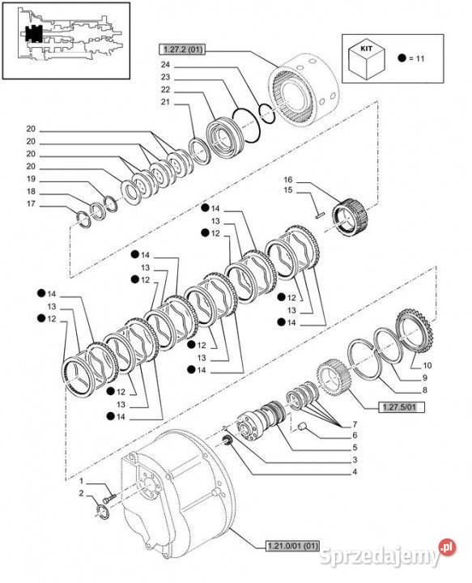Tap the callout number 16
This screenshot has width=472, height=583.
[x=287, y=179]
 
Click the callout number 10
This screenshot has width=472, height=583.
[x=427, y=365]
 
